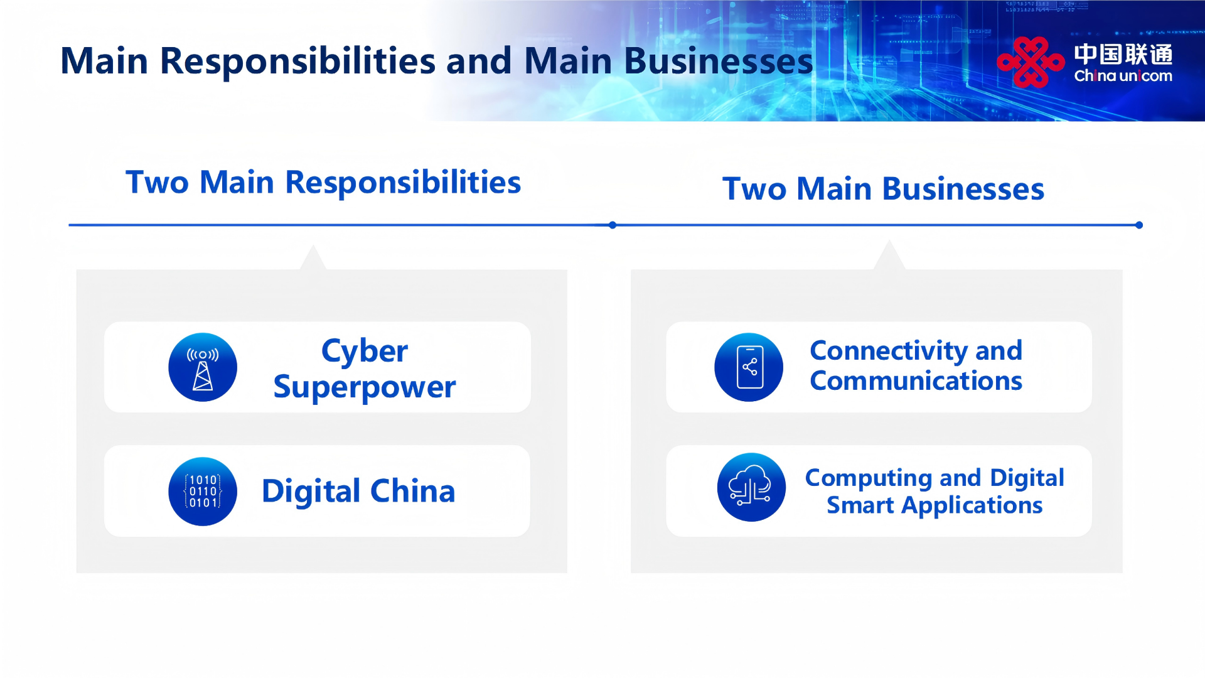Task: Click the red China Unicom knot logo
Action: [x=1031, y=62]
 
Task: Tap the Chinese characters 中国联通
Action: [x=1123, y=54]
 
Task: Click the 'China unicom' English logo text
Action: [x=1123, y=76]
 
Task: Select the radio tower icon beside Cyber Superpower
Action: [x=203, y=367]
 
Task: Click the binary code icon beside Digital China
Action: [x=203, y=492]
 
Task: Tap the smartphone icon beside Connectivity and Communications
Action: [x=749, y=367]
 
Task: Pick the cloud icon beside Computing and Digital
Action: [x=751, y=487]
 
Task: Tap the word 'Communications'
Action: [x=916, y=381]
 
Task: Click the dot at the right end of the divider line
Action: [x=1139, y=225]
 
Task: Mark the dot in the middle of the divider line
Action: [x=613, y=225]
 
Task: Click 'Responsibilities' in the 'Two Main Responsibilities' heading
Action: [x=403, y=183]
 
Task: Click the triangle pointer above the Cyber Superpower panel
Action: [x=313, y=259]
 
